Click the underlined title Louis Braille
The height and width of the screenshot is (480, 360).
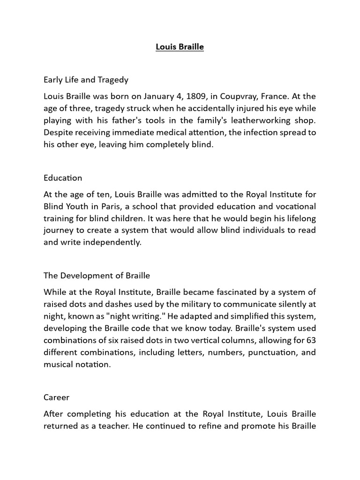(180, 47)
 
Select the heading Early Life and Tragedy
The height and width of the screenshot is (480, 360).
(86, 80)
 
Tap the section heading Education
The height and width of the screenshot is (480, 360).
(63, 178)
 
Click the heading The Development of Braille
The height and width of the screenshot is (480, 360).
(97, 275)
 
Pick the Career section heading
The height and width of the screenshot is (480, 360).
(56, 397)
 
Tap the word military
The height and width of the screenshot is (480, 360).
(187, 304)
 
